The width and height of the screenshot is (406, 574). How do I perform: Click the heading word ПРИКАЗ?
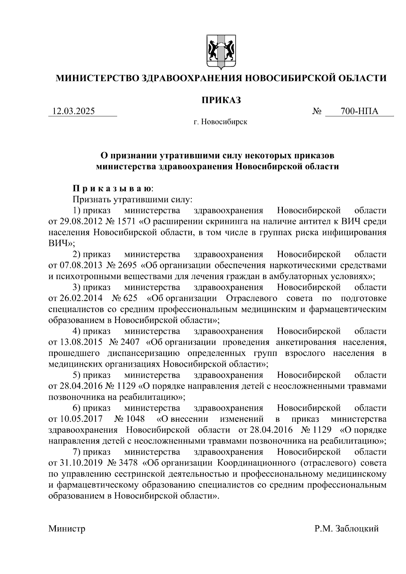point(221,100)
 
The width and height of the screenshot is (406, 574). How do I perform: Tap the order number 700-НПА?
point(359,111)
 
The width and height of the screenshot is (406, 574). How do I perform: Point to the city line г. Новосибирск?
point(220,122)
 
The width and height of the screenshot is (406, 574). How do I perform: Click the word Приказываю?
point(113,188)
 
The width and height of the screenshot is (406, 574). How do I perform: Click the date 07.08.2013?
point(76,266)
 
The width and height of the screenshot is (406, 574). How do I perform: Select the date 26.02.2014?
point(76,298)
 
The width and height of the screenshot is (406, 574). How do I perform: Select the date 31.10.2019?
point(76,463)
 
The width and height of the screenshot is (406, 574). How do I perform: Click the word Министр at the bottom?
point(67,528)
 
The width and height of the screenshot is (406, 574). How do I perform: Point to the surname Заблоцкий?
point(357,528)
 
